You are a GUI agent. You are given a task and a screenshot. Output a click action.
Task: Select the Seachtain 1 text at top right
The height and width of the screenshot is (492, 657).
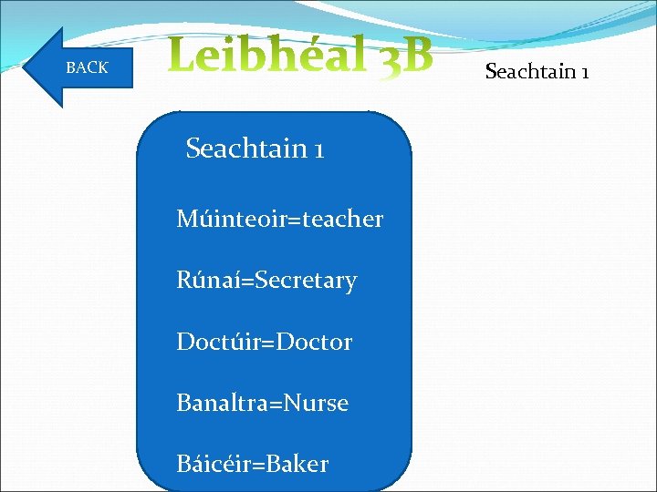pyautogui.click(x=537, y=70)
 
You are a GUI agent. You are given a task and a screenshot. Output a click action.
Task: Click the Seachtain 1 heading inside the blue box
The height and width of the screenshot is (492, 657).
pyautogui.click(x=255, y=148)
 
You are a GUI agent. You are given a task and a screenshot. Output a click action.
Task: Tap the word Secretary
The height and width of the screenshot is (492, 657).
pyautogui.click(x=307, y=281)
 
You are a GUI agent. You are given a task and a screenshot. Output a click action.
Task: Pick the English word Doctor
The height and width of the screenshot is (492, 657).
pyautogui.click(x=315, y=343)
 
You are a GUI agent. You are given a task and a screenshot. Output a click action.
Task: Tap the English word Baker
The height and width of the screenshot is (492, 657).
pyautogui.click(x=297, y=465)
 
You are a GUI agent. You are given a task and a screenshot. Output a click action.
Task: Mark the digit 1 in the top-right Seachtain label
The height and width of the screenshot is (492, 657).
pyautogui.click(x=584, y=70)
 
